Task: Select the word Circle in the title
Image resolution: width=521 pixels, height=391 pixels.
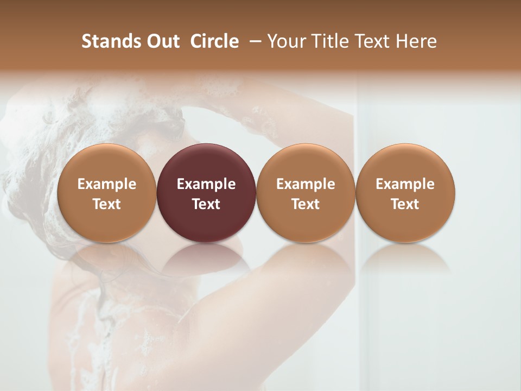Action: coord(214,41)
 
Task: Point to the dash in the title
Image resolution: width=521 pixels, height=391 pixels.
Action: coord(253,41)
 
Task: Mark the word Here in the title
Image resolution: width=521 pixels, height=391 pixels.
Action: coord(416,41)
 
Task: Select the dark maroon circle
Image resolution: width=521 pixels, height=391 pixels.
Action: coord(206,163)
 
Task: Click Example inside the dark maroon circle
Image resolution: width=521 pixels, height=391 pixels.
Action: coord(206,184)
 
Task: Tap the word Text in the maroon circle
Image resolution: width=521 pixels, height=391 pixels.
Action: coord(206,204)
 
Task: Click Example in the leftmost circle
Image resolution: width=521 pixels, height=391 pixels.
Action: coord(106,184)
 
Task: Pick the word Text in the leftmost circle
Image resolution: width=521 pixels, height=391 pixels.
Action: coord(106,204)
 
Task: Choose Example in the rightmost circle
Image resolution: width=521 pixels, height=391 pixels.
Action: coord(405,184)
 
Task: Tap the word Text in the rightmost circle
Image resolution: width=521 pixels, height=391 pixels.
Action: coord(405,204)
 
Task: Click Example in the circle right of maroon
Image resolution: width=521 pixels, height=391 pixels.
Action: coord(306,184)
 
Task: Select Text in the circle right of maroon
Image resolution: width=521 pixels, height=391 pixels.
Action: coord(306,204)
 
